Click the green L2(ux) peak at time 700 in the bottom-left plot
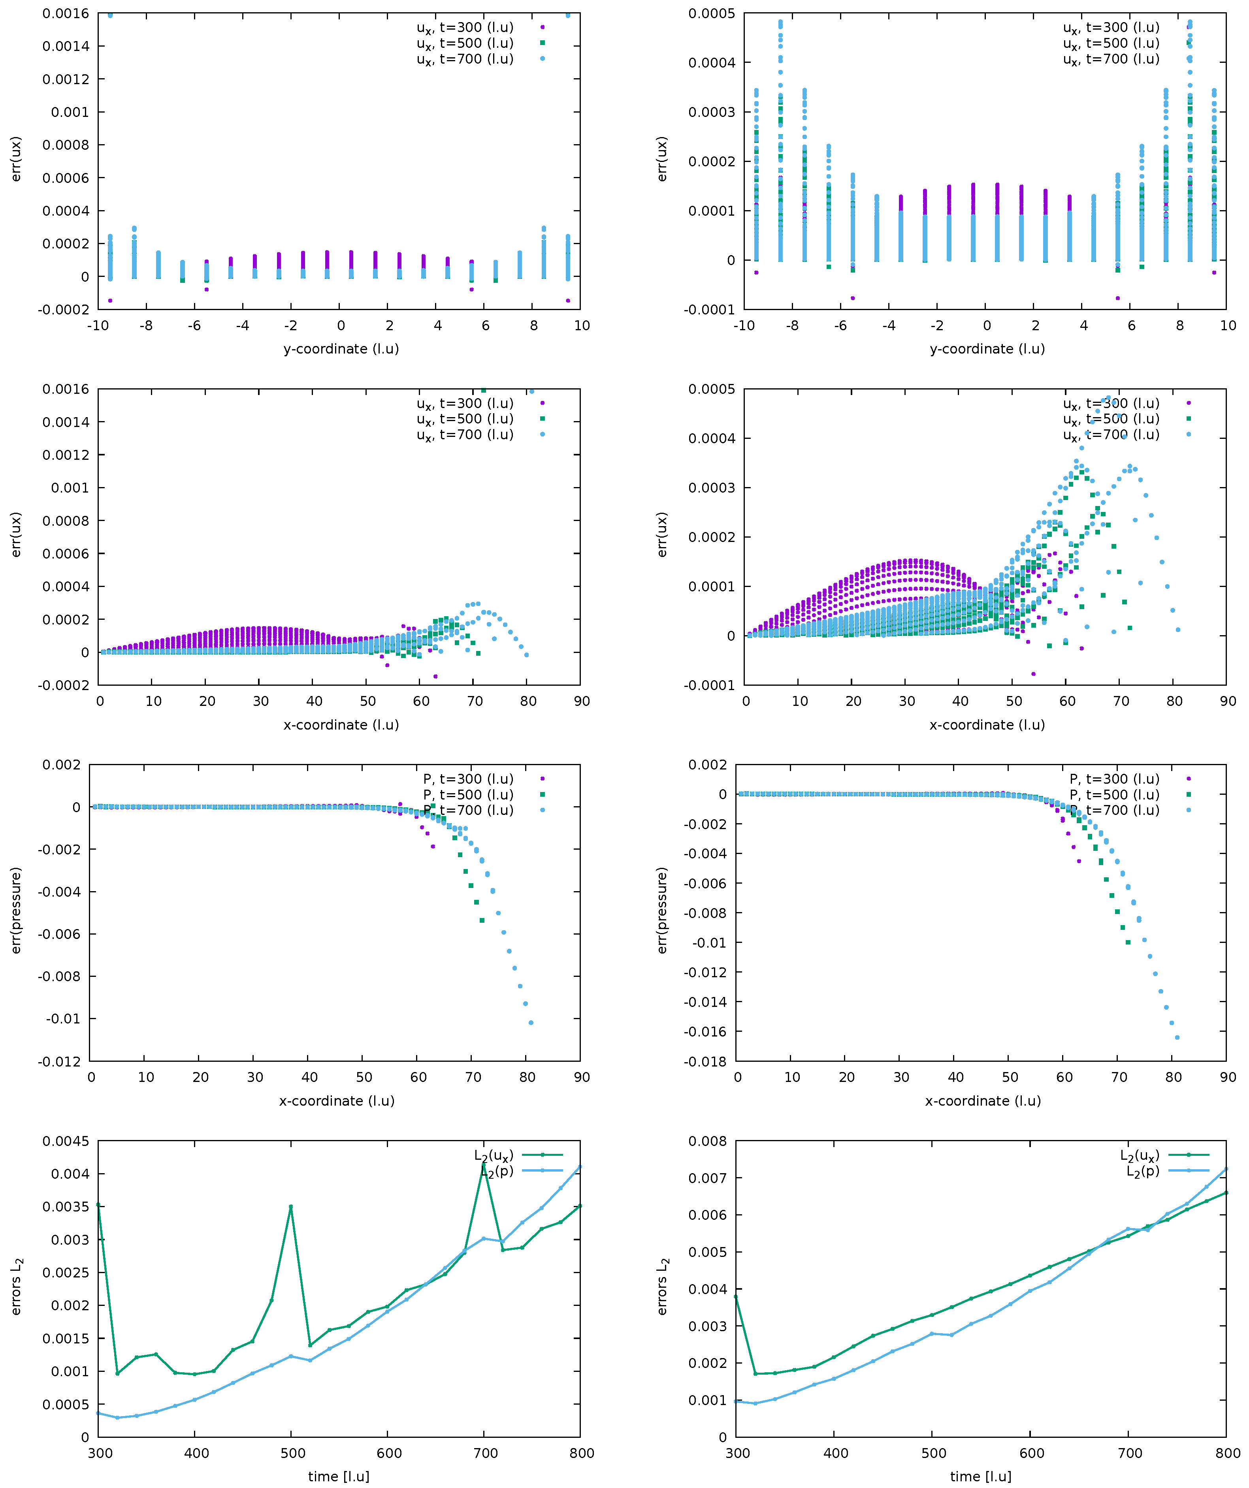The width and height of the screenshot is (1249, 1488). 483,1163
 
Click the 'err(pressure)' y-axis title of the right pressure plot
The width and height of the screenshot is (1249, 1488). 662,910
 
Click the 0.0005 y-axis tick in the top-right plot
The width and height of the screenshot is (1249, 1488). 711,13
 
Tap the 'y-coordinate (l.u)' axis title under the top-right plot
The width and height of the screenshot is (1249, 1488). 987,349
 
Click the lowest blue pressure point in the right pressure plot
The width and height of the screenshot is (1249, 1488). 1177,1037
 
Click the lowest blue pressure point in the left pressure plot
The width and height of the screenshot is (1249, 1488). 531,1022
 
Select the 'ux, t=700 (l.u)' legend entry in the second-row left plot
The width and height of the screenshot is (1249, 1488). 464,435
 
